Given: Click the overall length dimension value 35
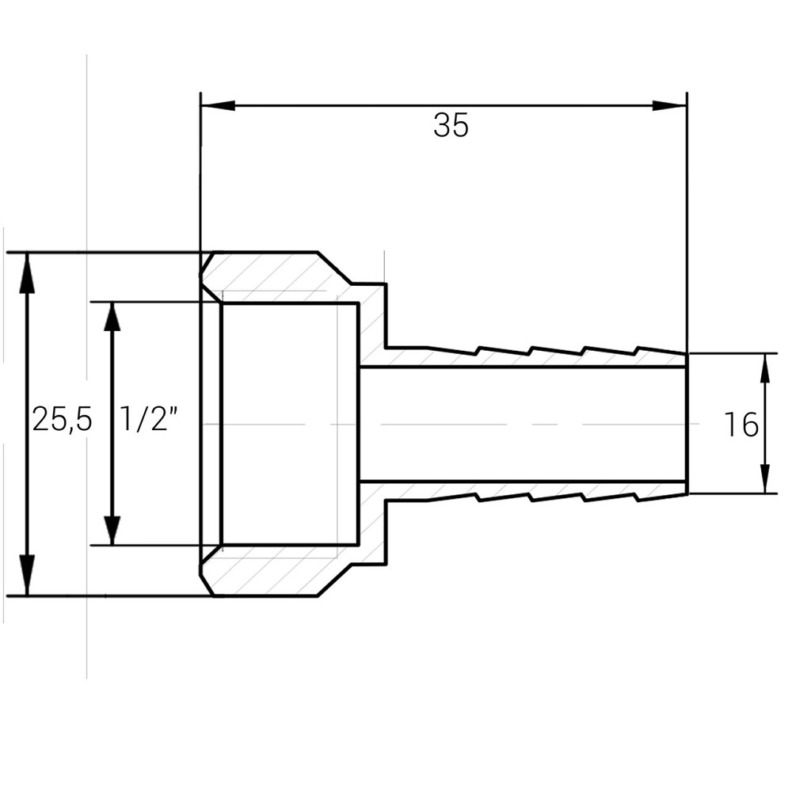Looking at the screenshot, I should pyautogui.click(x=451, y=126).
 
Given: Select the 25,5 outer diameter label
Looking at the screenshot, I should pyautogui.click(x=62, y=420).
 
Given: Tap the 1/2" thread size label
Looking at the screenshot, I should pyautogui.click(x=147, y=420).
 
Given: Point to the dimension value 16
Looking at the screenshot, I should pyautogui.click(x=741, y=425).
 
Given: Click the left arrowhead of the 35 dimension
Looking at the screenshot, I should pyautogui.click(x=217, y=106).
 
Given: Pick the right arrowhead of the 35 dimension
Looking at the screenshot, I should pyautogui.click(x=670, y=106).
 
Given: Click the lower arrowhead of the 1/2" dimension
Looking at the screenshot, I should pyautogui.click(x=112, y=529).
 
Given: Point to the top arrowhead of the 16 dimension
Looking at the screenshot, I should pyautogui.click(x=765, y=368).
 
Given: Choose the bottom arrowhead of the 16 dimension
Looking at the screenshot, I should pyautogui.click(x=765, y=478).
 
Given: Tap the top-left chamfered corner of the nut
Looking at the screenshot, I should pyautogui.click(x=207, y=262).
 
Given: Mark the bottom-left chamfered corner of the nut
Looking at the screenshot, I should pyautogui.click(x=207, y=585).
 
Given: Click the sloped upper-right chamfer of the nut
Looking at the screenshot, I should pyautogui.click(x=335, y=268).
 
